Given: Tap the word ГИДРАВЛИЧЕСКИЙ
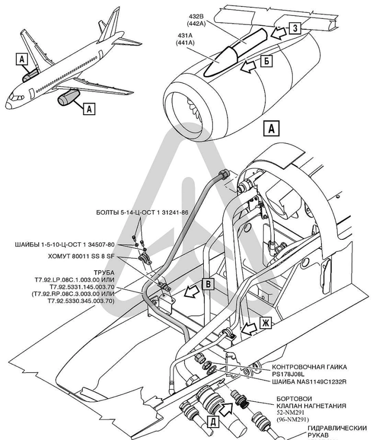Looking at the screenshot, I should click(x=337, y=428).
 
